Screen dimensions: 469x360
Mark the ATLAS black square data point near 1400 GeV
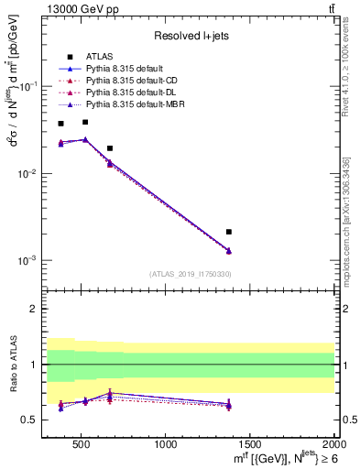pyautogui.click(x=229, y=232)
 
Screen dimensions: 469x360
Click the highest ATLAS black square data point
pyautogui.click(x=85, y=122)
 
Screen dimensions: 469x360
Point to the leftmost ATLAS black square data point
pyautogui.click(x=61, y=124)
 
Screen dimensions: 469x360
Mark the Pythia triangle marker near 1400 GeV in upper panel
pyautogui.click(x=229, y=251)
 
